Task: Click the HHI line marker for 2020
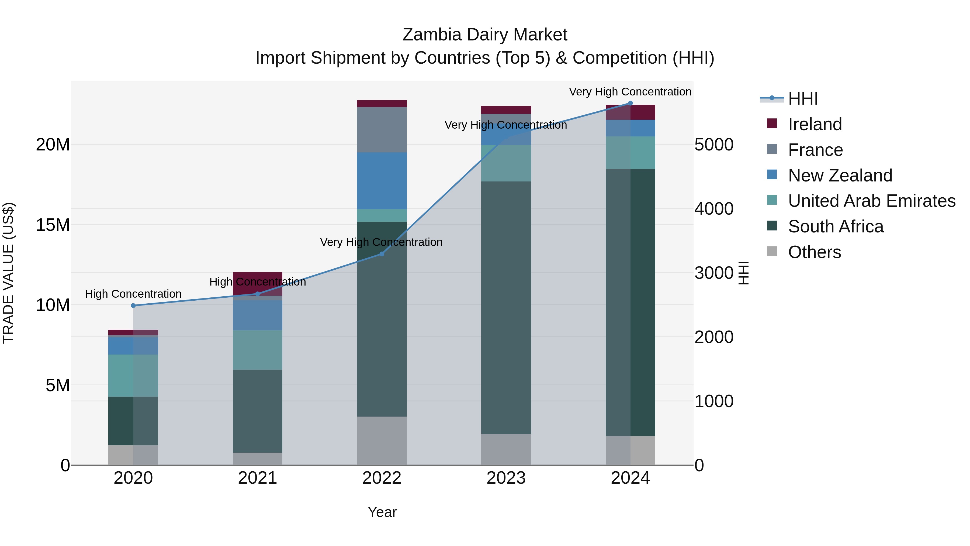coord(133,305)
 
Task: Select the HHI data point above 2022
coord(382,254)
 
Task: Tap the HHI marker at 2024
coord(630,103)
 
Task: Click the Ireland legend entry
coord(815,124)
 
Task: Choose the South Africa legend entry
coord(835,226)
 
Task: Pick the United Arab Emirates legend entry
coord(871,201)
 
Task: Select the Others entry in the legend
coord(814,252)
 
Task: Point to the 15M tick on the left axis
coord(53,225)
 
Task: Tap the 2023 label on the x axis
coord(506,478)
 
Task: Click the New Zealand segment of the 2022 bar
coord(382,181)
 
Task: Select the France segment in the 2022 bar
coord(382,130)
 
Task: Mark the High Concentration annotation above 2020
coord(133,294)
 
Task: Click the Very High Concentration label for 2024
coord(630,92)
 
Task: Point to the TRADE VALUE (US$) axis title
coord(8,273)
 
